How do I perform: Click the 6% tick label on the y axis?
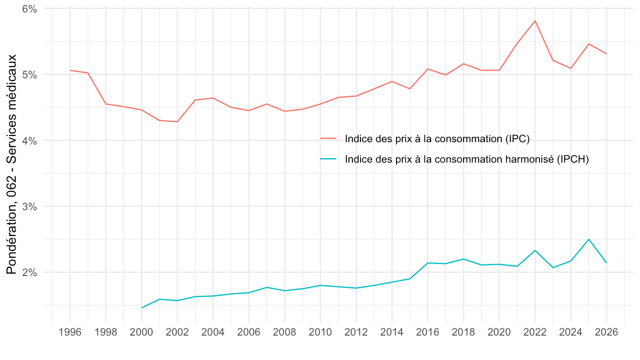pyautogui.click(x=30, y=8)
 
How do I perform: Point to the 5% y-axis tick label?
pyautogui.click(x=30, y=74)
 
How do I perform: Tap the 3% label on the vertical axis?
pyautogui.click(x=30, y=206)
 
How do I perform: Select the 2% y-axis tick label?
pyautogui.click(x=30, y=272)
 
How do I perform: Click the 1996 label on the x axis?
pyautogui.click(x=70, y=332)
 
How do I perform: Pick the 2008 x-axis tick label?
pyautogui.click(x=284, y=332)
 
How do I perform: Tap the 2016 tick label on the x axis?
pyautogui.click(x=427, y=332)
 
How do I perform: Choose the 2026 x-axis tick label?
pyautogui.click(x=607, y=332)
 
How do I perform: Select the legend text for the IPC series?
pyautogui.click(x=437, y=139)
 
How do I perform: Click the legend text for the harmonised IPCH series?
pyautogui.click(x=467, y=160)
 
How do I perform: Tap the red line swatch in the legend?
pyautogui.click(x=328, y=139)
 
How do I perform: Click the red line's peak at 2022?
pyautogui.click(x=535, y=20)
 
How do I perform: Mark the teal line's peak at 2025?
pyautogui.click(x=589, y=239)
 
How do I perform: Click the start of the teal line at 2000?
pyautogui.click(x=141, y=308)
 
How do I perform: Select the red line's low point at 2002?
pyautogui.click(x=177, y=122)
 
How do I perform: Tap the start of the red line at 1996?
pyautogui.click(x=70, y=70)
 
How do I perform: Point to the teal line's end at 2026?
pyautogui.click(x=607, y=263)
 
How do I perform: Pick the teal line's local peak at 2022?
pyautogui.click(x=535, y=250)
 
